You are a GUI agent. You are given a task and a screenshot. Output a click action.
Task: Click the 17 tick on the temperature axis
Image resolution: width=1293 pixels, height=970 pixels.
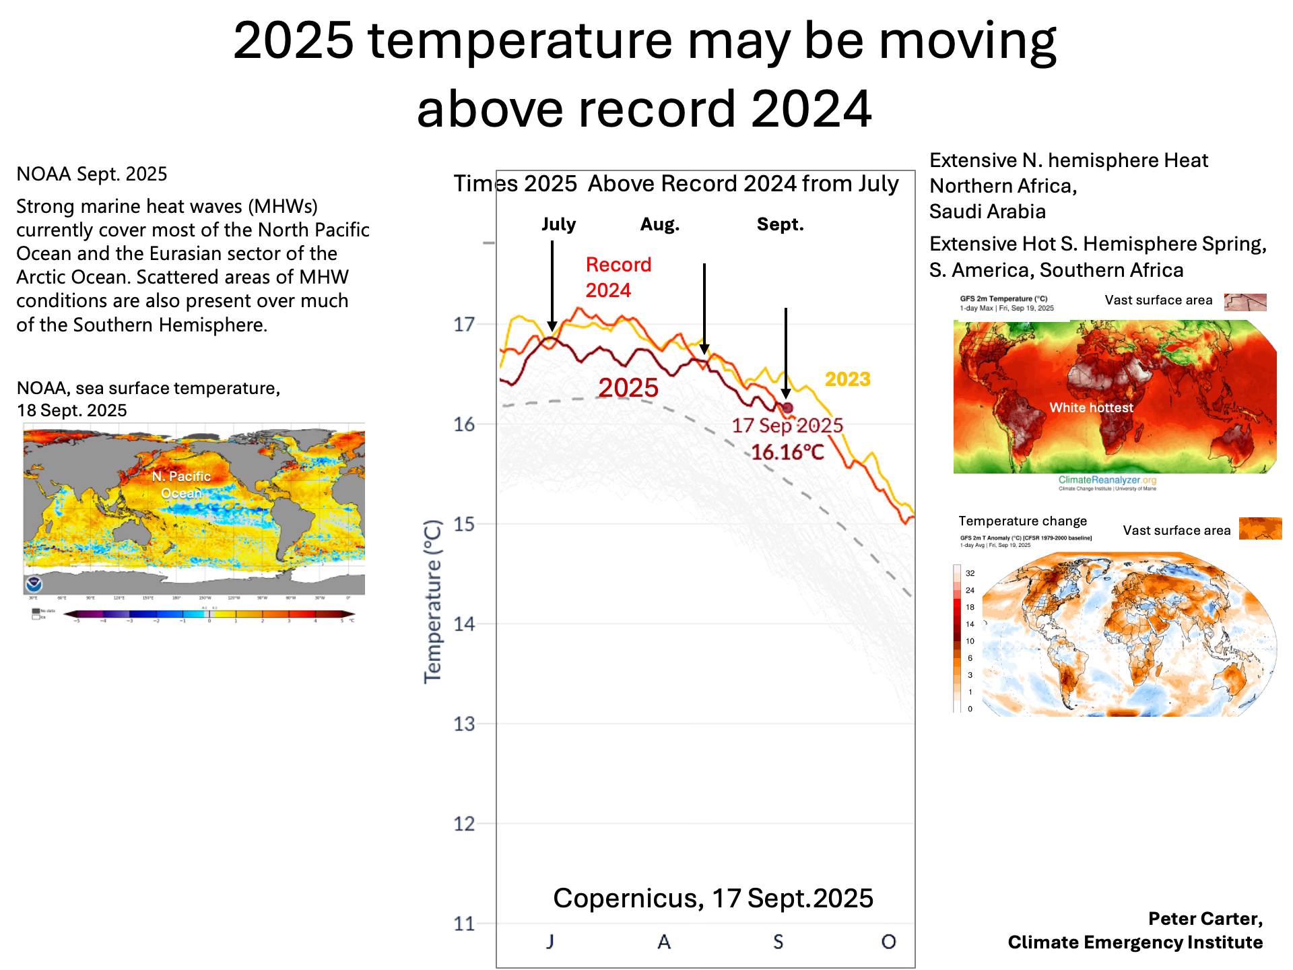(x=464, y=325)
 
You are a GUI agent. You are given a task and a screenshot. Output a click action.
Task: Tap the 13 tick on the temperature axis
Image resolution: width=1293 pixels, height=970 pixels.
(x=464, y=724)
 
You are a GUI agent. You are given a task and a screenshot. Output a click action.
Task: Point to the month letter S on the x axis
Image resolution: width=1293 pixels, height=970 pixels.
(x=778, y=942)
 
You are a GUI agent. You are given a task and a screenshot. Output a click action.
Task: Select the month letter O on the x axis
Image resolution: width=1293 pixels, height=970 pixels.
(x=888, y=942)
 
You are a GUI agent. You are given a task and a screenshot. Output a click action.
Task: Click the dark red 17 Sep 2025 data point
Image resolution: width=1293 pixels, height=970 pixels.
(x=787, y=408)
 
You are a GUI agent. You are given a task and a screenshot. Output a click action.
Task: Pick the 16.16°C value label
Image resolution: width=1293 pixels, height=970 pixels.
(x=787, y=452)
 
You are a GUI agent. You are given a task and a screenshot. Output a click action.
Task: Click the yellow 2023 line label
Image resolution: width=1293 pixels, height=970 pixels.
(x=847, y=379)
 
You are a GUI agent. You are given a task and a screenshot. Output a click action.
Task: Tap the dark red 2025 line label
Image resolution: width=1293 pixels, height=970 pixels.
(x=628, y=388)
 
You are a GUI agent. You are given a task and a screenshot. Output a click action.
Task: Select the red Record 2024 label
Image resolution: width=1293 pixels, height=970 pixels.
(x=618, y=278)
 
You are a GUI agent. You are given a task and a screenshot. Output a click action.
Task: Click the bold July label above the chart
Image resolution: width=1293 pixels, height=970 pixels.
(x=558, y=224)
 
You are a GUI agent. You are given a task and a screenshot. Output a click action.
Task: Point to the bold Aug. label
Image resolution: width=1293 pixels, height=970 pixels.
(x=659, y=224)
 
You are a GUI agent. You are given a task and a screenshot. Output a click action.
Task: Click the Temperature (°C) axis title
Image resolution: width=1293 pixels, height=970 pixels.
(x=432, y=602)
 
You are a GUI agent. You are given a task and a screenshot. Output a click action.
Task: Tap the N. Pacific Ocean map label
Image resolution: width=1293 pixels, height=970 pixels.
(x=181, y=484)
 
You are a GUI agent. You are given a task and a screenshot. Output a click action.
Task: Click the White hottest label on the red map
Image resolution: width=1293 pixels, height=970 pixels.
(x=1091, y=408)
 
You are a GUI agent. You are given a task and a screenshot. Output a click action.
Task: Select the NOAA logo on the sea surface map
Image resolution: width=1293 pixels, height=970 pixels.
(x=33, y=583)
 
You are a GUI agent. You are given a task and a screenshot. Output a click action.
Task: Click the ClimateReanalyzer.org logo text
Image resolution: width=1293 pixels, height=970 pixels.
(x=1107, y=480)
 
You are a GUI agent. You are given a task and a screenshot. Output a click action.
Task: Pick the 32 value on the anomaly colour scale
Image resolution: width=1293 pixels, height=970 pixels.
(x=970, y=573)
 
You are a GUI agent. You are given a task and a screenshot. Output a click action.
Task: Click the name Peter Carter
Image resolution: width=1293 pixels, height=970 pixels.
(x=1205, y=919)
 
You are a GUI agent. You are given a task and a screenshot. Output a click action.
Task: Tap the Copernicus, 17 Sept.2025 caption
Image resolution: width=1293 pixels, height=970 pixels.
(x=712, y=898)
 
